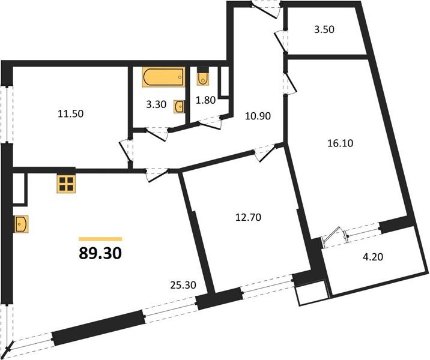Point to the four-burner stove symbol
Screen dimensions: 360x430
(66, 184)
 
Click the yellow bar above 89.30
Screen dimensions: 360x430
(100, 238)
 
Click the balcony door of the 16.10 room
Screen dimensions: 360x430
(334, 236)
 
